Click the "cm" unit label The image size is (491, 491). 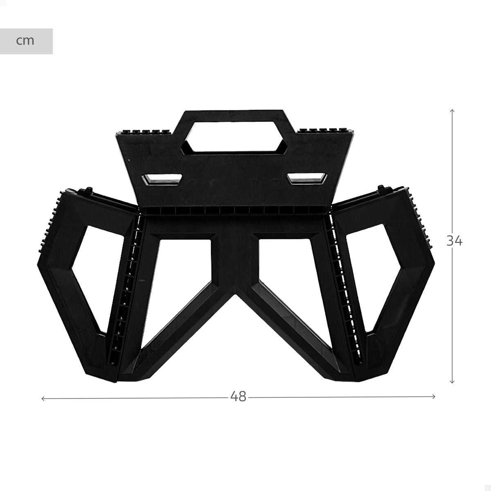coord(25,41)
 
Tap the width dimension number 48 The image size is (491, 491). coord(238,396)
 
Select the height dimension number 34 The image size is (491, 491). coord(454,241)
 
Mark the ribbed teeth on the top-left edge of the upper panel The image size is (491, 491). coord(143,132)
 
